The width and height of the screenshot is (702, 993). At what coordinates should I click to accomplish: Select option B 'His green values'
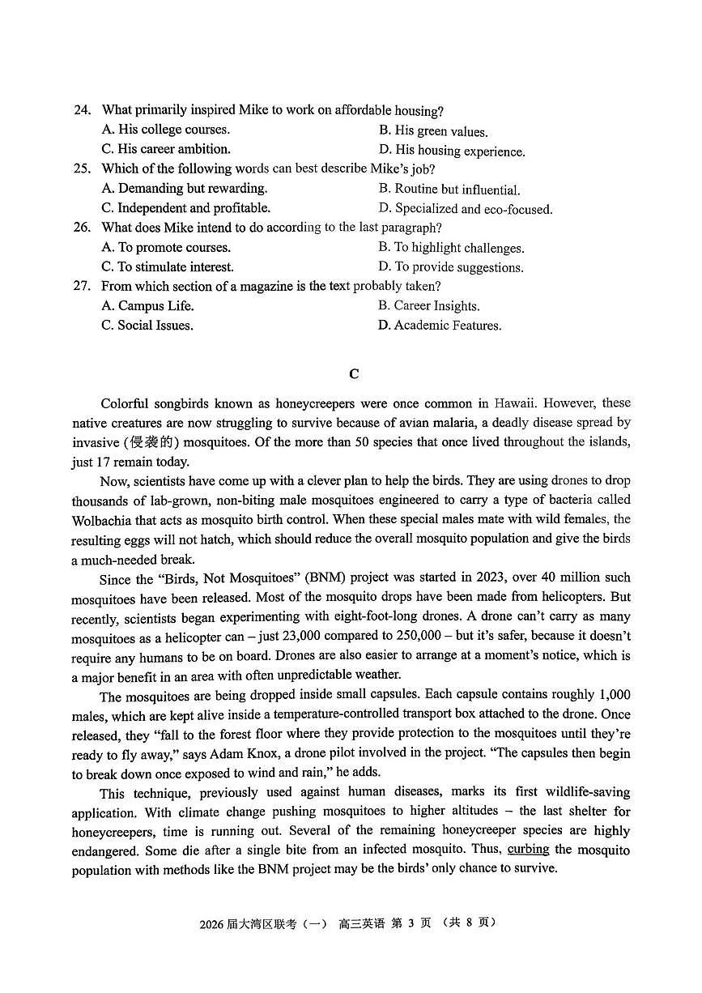[433, 131]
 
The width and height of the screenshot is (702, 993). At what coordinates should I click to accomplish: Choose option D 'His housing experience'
[452, 151]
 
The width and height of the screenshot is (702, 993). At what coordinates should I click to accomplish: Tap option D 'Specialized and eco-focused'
[466, 209]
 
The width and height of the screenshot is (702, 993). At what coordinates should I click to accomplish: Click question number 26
[82, 228]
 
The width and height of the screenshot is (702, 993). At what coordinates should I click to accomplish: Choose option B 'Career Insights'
[429, 305]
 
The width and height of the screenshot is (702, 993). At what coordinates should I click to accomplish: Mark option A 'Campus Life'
[148, 305]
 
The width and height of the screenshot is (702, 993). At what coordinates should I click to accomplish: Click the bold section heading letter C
[353, 373]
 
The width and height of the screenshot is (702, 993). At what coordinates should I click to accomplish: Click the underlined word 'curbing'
[528, 849]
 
